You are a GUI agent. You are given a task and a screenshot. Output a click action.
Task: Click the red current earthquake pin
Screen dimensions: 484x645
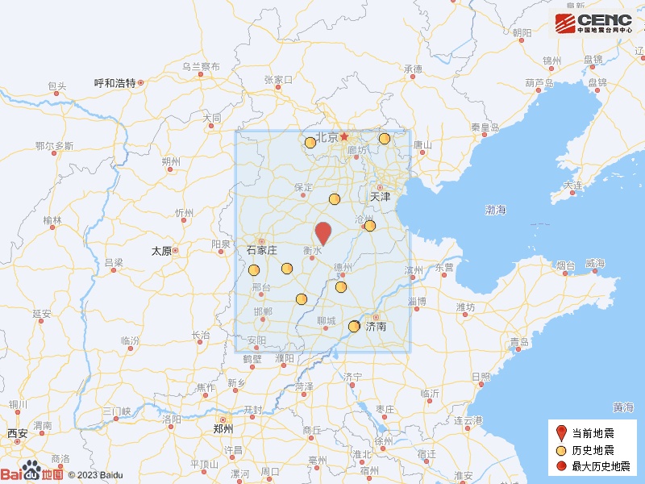click(x=323, y=232)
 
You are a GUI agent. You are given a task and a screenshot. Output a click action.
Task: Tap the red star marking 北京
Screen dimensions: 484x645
click(x=344, y=136)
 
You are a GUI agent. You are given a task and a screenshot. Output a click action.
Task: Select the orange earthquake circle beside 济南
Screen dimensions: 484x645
click(x=354, y=326)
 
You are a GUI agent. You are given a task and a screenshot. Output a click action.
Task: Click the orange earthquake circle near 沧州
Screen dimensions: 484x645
click(x=370, y=226)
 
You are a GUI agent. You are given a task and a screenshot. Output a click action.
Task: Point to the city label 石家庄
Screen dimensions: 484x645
click(x=261, y=250)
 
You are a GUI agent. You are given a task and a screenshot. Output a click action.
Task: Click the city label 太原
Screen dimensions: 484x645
click(x=161, y=251)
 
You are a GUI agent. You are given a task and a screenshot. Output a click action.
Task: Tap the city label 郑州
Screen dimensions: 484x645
click(x=223, y=428)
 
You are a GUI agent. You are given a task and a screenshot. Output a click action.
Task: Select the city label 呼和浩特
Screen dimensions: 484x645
click(x=114, y=82)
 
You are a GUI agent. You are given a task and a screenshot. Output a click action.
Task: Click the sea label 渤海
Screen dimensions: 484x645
click(x=496, y=210)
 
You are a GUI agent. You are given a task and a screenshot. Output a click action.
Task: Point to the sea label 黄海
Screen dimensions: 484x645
click(x=622, y=407)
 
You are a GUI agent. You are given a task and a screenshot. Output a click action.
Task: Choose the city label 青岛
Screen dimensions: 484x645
click(x=520, y=342)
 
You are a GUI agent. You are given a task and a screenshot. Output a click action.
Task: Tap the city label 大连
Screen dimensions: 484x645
click(x=573, y=186)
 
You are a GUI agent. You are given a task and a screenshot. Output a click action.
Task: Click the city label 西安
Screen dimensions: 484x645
click(x=18, y=434)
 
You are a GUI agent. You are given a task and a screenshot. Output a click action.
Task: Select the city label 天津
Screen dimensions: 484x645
click(x=380, y=196)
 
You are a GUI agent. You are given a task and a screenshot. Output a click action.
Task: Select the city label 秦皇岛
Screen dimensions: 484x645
click(x=486, y=127)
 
